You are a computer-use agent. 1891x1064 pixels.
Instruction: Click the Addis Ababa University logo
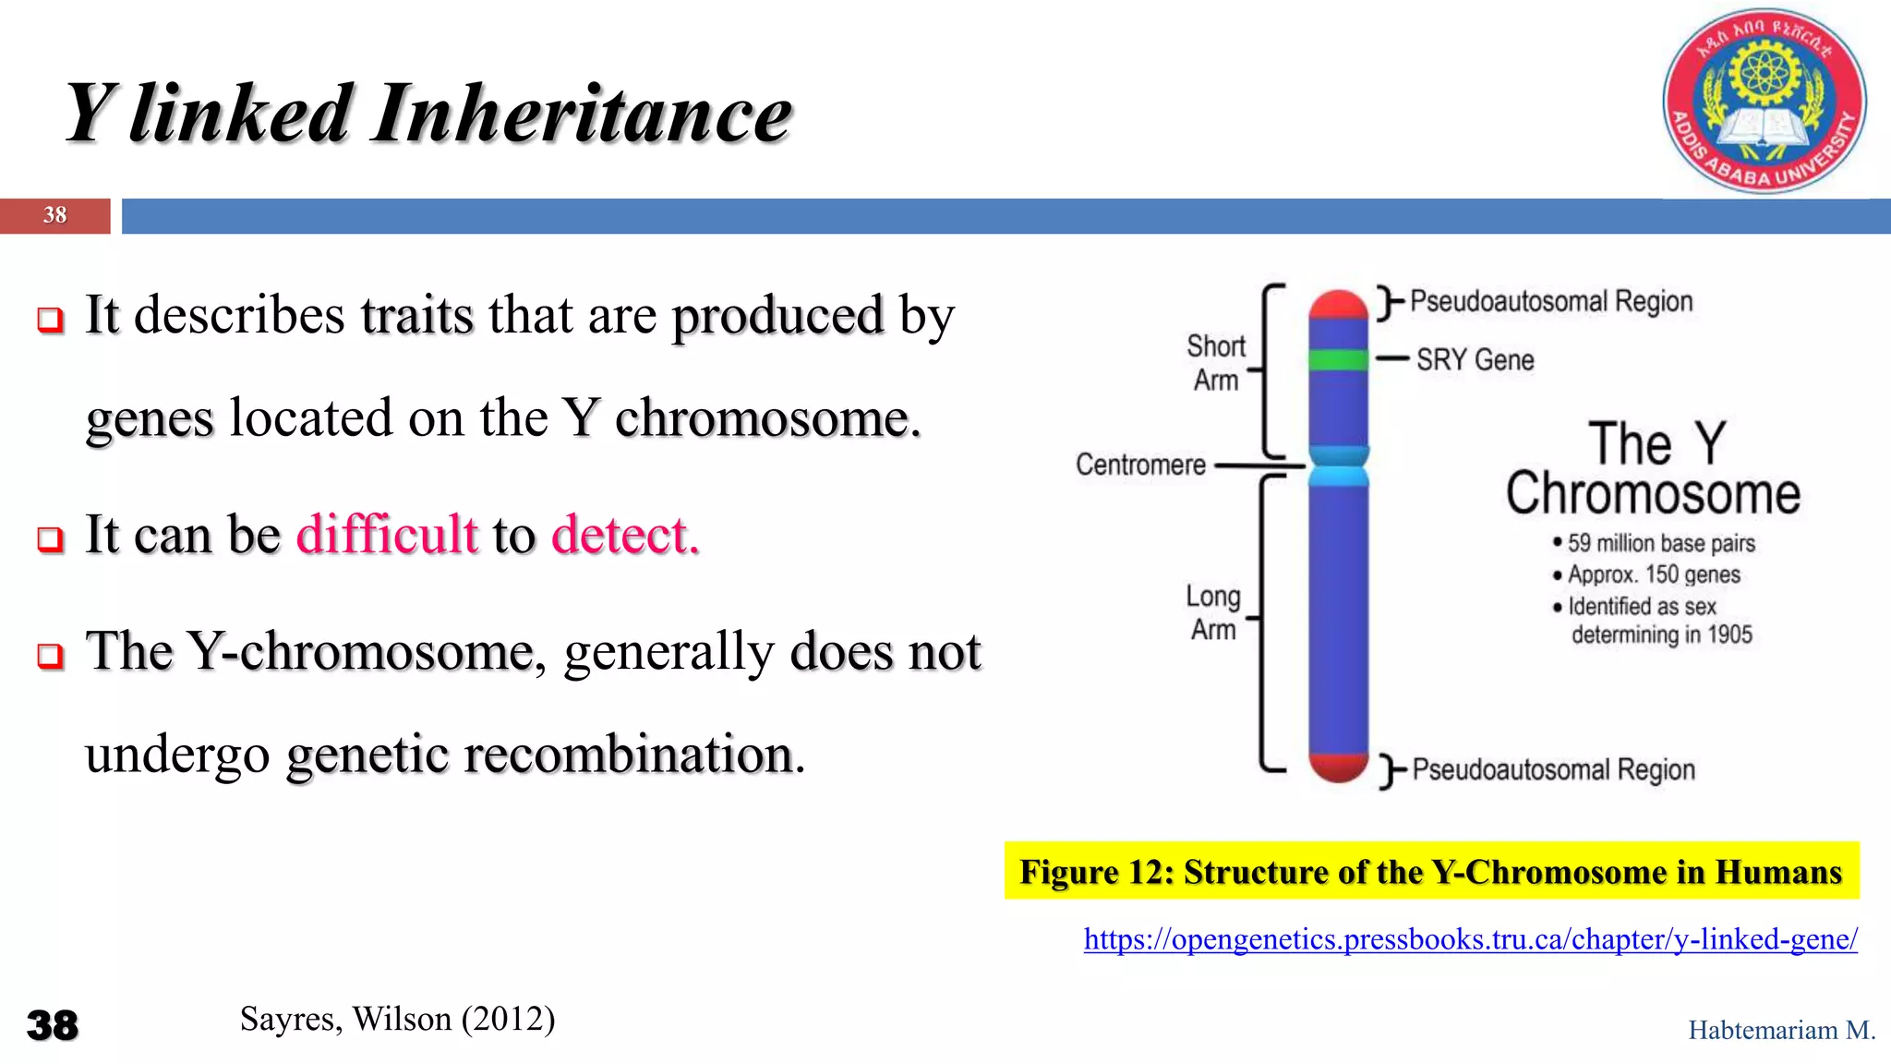(1764, 102)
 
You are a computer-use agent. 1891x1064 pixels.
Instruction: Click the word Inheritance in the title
(582, 115)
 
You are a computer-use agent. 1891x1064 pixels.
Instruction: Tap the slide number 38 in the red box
(54, 215)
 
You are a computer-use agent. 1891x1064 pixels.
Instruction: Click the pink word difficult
(387, 535)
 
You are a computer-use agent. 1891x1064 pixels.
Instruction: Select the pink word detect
(625, 535)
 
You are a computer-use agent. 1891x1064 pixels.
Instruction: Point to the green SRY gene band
(1338, 359)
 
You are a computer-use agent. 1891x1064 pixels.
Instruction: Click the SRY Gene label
(1475, 359)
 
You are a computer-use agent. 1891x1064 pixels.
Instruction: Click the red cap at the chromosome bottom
(1338, 767)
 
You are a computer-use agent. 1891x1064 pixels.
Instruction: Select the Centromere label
(1140, 465)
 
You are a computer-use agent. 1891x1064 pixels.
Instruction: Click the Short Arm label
(1216, 363)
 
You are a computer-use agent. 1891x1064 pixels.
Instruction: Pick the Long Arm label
(1213, 612)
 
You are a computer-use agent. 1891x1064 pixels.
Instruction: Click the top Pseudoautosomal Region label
(1551, 302)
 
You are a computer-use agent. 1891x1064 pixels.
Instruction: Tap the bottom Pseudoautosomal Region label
(1554, 769)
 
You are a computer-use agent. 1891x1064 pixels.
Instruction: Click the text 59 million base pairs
(1660, 543)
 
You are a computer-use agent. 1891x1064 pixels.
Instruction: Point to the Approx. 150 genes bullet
(1653, 574)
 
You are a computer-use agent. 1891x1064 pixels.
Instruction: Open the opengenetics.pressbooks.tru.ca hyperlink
(1470, 939)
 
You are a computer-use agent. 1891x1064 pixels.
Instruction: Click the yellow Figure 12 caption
(1431, 871)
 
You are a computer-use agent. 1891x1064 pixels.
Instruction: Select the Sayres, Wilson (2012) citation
(397, 1019)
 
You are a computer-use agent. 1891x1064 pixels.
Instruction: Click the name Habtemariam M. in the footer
(1781, 1030)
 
